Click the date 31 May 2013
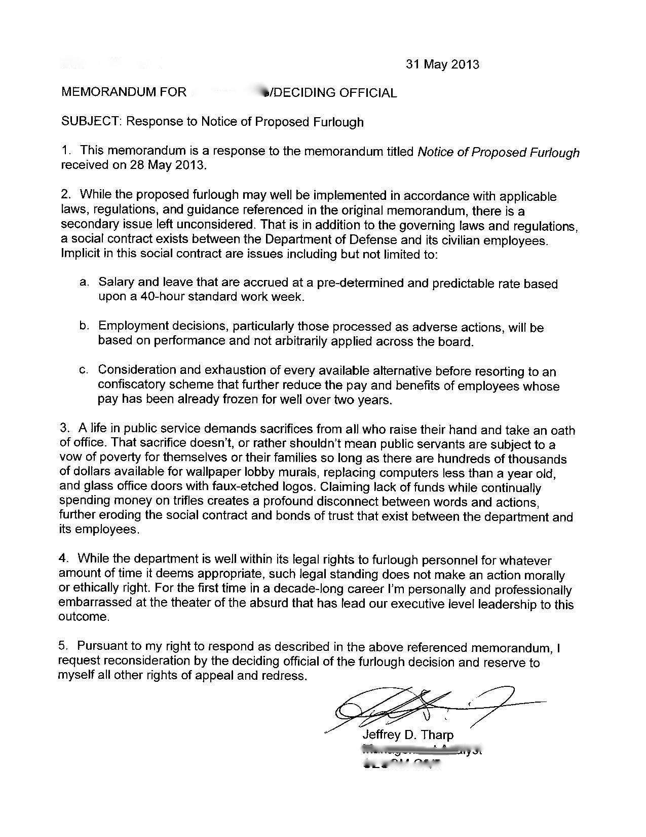click(442, 64)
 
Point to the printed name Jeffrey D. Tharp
click(408, 735)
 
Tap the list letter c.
click(85, 370)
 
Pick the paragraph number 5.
click(63, 646)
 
